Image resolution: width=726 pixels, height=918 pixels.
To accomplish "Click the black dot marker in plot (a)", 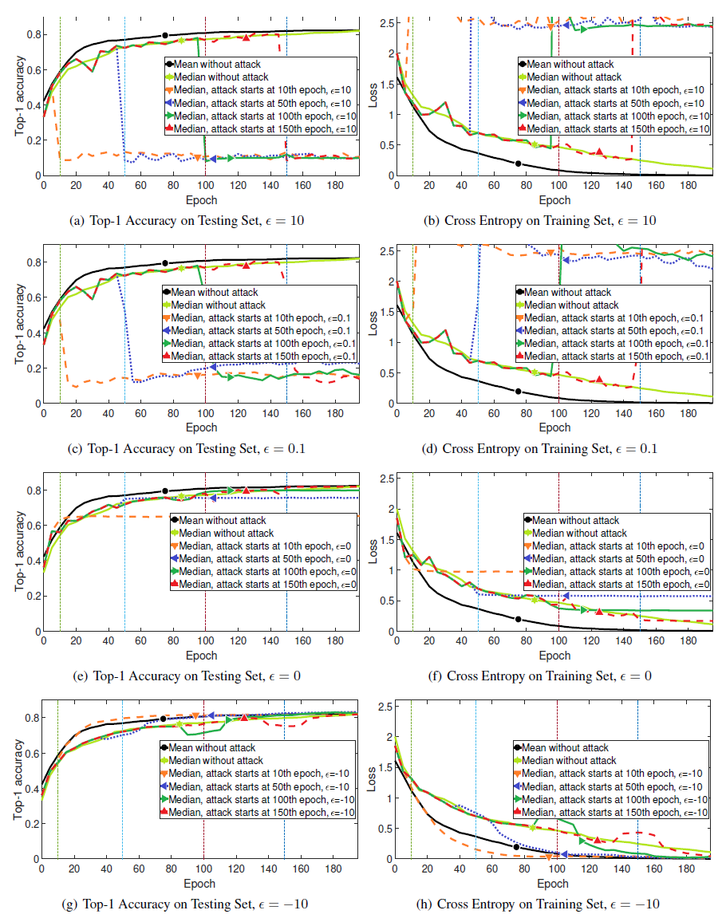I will [165, 35].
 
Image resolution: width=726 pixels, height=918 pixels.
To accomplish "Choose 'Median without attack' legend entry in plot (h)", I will [571, 761].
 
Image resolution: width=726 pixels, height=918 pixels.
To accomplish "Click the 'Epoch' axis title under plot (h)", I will [552, 884].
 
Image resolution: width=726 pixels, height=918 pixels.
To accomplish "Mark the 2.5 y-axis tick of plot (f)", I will [384, 478].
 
